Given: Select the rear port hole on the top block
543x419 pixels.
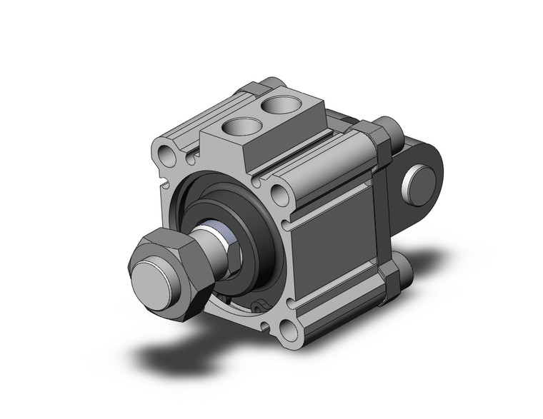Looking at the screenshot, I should click(x=275, y=106).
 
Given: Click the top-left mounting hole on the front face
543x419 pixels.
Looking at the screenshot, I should click(x=166, y=153).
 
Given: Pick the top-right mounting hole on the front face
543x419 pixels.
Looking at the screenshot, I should click(x=279, y=195).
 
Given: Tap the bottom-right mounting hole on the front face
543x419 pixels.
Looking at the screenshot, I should click(x=290, y=330).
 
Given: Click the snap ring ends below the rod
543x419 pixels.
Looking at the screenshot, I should click(x=259, y=306).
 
